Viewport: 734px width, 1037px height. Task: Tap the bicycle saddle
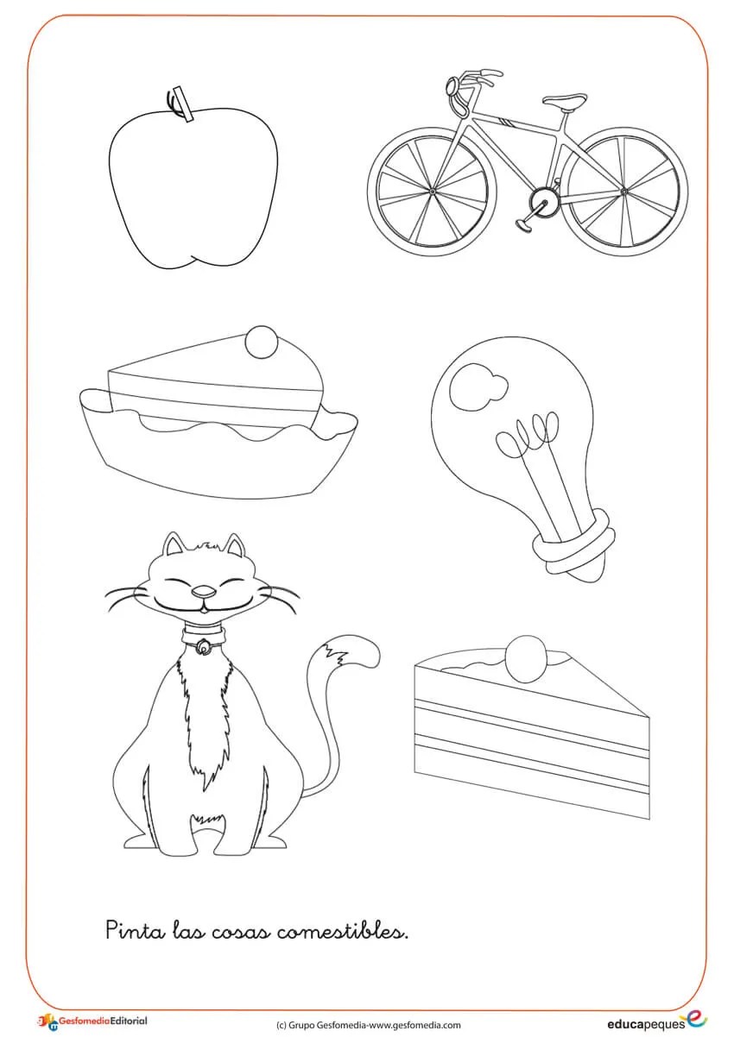565,100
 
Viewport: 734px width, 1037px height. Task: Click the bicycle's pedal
524,224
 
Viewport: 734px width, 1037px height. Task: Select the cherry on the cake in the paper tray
263,343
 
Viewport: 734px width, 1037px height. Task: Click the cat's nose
204,592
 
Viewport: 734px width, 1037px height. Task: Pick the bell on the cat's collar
203,646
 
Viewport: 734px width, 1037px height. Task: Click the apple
193,185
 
